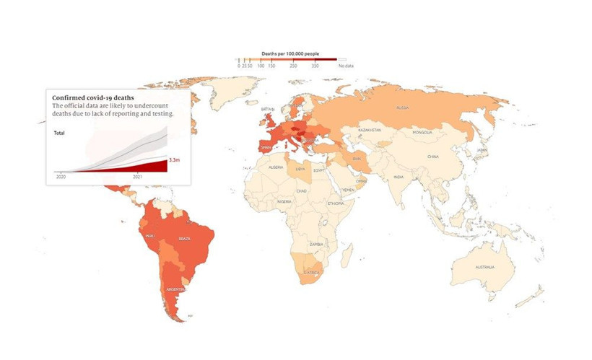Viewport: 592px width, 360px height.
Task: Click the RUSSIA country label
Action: [402, 108]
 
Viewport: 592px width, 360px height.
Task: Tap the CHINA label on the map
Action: [433, 156]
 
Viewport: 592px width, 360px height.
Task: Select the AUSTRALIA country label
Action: [484, 268]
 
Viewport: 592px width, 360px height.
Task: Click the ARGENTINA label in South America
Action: [177, 289]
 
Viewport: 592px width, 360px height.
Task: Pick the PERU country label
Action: [150, 236]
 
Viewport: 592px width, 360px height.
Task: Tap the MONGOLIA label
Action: [422, 132]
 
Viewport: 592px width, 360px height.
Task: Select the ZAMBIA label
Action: [315, 245]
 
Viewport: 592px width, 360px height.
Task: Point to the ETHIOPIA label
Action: [335, 204]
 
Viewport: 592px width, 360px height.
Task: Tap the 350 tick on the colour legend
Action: [315, 66]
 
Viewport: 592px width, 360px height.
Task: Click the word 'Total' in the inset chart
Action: [61, 133]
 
